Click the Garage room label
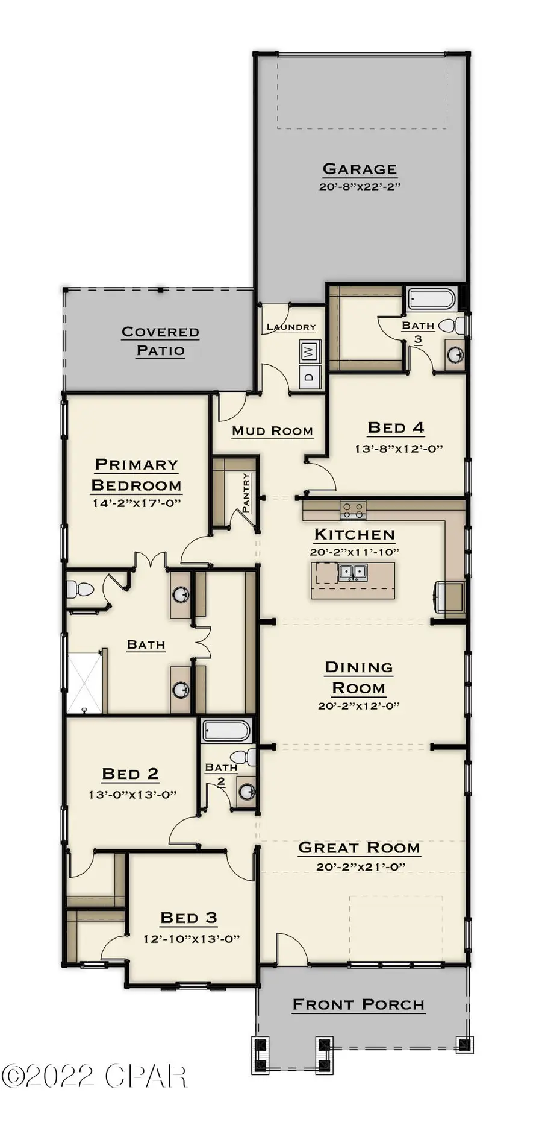coord(360,169)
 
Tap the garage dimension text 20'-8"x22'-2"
coord(360,186)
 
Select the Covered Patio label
coord(160,341)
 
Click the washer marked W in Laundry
coord(309,351)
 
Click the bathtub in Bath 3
coord(431,298)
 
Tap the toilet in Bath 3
coord(452,326)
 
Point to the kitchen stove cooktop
coord(352,511)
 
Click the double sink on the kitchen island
coord(353,572)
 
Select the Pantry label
coord(246,493)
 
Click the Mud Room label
coord(272,430)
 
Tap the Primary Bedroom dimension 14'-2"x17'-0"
coord(137,503)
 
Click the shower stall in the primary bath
coord(84,682)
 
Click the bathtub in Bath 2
coord(226,731)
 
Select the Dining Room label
coord(358,677)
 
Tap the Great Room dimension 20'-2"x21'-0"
coord(360,867)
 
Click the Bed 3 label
coord(188,918)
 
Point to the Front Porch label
coord(358,1004)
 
